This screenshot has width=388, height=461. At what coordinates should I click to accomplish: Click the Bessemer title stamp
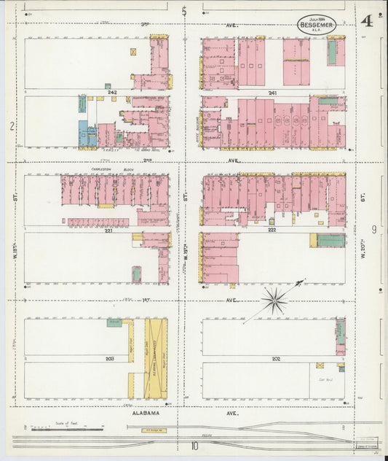318,23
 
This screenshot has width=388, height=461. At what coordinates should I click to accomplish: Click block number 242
111,93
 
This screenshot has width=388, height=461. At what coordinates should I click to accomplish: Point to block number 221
108,230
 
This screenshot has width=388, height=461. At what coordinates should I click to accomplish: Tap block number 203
109,359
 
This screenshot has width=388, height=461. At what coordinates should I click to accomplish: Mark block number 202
275,359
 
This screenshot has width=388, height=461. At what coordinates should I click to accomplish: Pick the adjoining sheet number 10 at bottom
194,446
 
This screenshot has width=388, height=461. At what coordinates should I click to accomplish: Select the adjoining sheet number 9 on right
373,230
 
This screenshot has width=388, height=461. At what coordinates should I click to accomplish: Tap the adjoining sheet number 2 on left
12,126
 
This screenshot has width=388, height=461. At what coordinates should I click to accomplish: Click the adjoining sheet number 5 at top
184,11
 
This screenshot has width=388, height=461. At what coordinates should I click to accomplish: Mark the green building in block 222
330,240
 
